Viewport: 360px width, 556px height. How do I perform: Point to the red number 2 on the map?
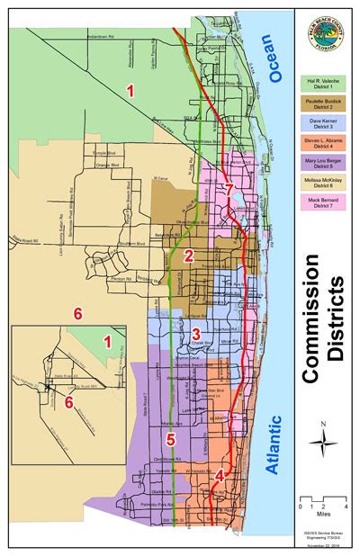(x=188, y=255)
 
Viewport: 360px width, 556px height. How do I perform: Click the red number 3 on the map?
(x=195, y=334)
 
